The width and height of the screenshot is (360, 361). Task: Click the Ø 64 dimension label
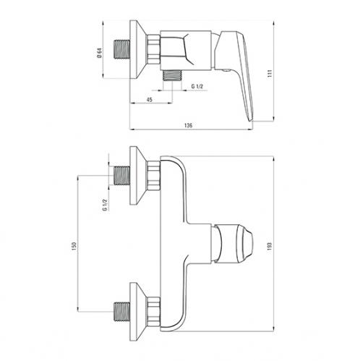coord(100,53)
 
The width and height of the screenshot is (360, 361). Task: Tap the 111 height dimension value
coord(270,73)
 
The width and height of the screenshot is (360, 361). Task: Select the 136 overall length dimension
coord(188,125)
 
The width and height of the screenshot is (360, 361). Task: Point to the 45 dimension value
coord(150,100)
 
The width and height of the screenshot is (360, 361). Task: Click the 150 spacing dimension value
coord(74,246)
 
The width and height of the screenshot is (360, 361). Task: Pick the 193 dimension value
coord(270,246)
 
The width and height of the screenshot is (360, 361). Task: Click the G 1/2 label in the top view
coord(197,86)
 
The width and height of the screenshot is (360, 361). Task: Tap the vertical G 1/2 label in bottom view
coord(105,205)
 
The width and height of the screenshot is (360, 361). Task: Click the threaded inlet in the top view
coord(121,49)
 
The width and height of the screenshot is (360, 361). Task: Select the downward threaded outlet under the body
coord(173,75)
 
